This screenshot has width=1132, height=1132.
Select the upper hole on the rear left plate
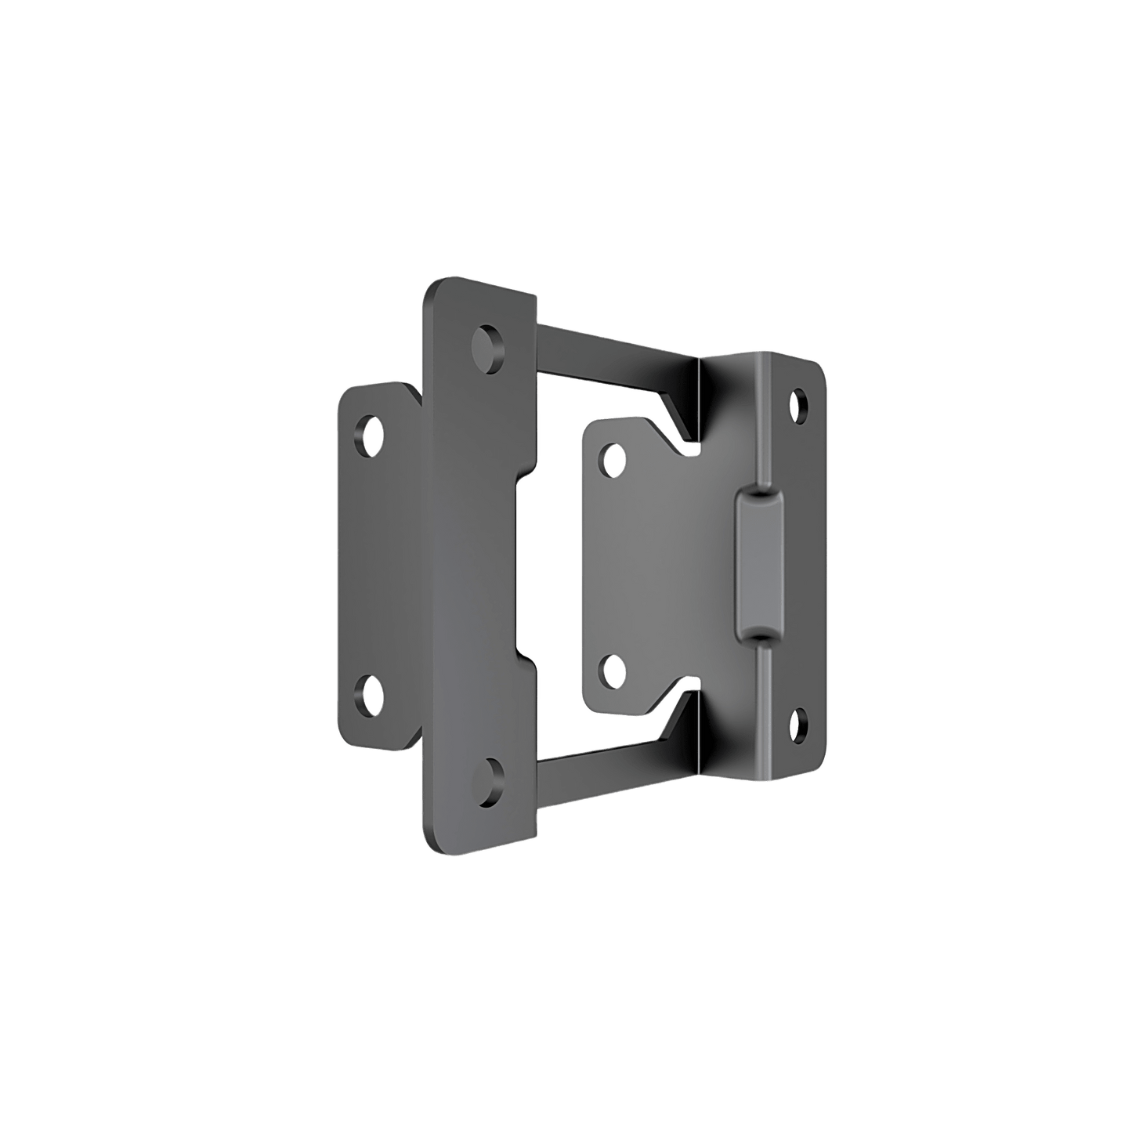coord(370,434)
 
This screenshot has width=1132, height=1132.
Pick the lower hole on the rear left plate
coord(370,693)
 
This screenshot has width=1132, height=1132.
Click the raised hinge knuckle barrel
coord(758,564)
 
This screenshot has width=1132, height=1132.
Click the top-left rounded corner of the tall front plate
coord(432,287)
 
